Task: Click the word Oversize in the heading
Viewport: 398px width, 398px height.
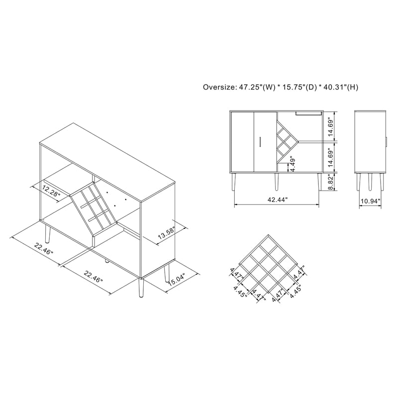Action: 218,88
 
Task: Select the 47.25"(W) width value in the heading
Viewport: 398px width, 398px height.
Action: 257,88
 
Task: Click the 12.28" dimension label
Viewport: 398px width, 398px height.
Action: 51,192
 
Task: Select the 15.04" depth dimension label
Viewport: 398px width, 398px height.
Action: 177,280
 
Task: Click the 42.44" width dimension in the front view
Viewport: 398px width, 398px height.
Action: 278,199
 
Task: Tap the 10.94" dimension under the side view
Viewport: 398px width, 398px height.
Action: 371,201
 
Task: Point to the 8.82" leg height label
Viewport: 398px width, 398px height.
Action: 331,182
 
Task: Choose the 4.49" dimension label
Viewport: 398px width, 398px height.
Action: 293,164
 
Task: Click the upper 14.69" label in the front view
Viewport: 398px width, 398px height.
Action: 331,126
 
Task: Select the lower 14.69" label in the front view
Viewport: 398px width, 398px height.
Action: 331,157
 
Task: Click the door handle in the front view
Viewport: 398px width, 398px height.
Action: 260,142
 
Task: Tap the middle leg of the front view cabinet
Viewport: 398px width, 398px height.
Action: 277,182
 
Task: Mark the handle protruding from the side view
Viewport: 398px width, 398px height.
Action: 386,142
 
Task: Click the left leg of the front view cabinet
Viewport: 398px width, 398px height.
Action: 234,182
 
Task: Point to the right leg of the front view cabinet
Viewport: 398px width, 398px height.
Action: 319,182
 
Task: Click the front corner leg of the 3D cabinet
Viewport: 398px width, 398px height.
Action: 141,288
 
